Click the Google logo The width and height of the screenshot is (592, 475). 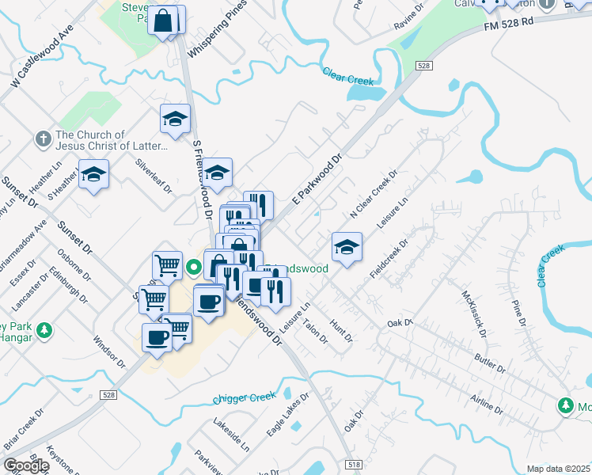pyautogui.click(x=26, y=465)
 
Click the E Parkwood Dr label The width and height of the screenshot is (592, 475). pyautogui.click(x=317, y=180)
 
